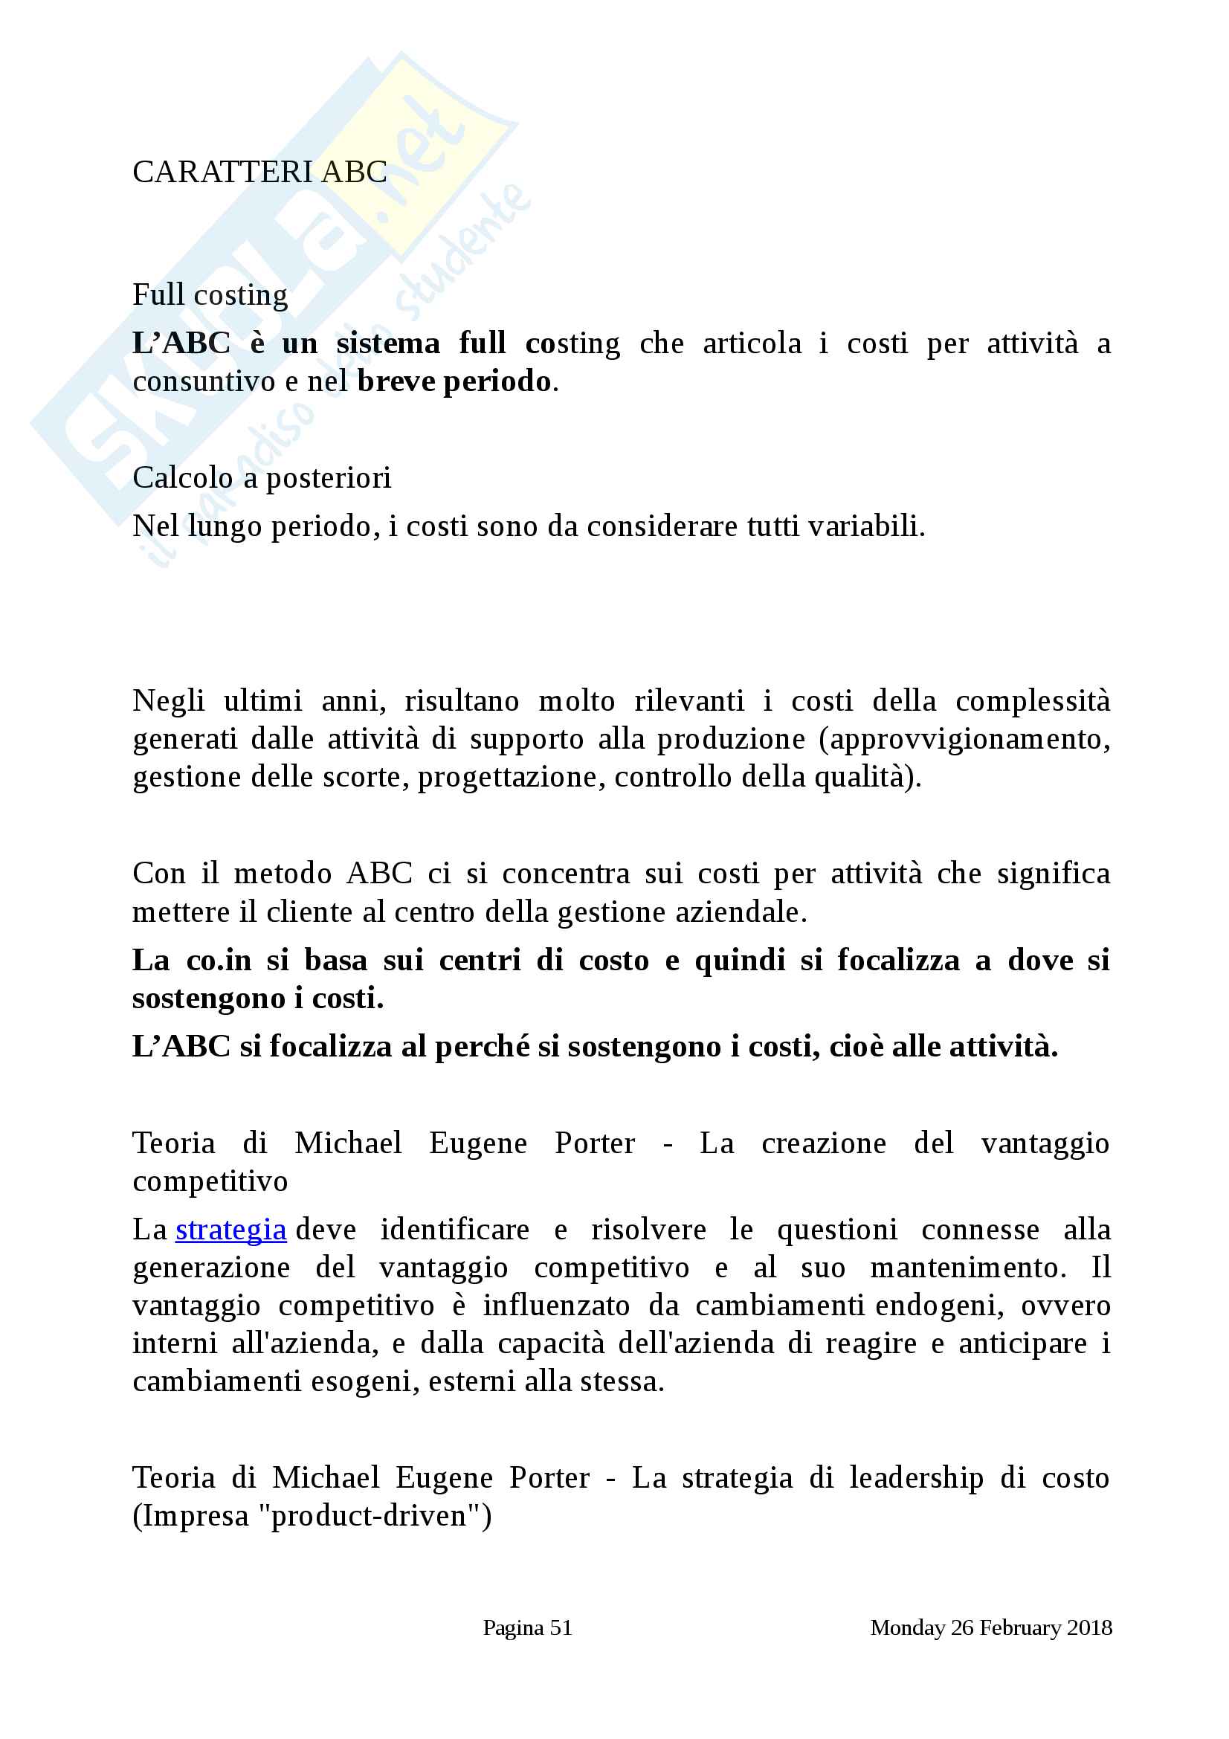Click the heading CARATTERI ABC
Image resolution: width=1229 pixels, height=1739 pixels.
(x=259, y=172)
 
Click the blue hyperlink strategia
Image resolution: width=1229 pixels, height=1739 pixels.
(x=230, y=1229)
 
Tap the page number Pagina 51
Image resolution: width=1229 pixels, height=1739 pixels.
(x=527, y=1627)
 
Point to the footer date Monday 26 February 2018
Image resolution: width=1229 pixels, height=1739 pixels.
(x=990, y=1627)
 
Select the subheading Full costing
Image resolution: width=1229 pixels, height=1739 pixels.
(x=210, y=295)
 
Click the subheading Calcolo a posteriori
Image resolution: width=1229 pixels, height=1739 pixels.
(x=261, y=478)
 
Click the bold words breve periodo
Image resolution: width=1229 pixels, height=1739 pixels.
(x=454, y=381)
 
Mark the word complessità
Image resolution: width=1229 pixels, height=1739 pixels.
(x=1032, y=701)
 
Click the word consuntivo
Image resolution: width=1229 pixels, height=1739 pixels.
(x=204, y=381)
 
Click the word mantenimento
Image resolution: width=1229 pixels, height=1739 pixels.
(x=968, y=1267)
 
